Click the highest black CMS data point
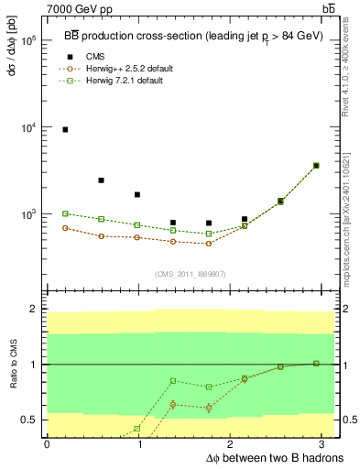pyautogui.click(x=65, y=130)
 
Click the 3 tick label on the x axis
pyautogui.click(x=325, y=443)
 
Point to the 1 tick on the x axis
pyautogui.click(x=138, y=443)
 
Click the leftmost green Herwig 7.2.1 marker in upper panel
pyautogui.click(x=65, y=213)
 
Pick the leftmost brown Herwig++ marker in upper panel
pyautogui.click(x=65, y=228)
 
